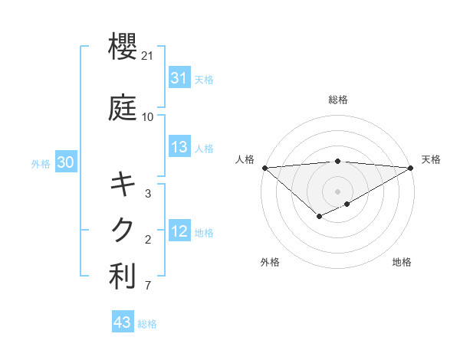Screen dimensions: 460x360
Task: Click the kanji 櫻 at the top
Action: [123, 47]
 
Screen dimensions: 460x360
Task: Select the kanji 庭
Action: [123, 108]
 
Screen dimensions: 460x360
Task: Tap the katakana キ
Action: [123, 185]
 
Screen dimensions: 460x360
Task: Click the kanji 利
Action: [123, 277]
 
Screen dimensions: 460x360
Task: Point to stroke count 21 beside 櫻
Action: [149, 56]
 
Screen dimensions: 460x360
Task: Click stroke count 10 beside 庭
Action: [148, 117]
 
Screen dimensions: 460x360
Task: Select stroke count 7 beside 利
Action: [148, 286]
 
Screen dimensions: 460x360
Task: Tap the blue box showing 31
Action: [179, 78]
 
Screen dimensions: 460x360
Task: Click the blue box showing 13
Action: [179, 148]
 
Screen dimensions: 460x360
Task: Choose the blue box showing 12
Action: [179, 232]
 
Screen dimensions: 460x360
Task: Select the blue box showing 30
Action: [65, 162]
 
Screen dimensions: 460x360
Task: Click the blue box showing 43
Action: [122, 322]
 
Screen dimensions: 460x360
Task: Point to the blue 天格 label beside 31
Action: [204, 79]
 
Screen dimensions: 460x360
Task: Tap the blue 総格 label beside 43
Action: [147, 323]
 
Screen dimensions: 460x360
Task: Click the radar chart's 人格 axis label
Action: [245, 159]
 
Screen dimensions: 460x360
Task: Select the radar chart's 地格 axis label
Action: [402, 262]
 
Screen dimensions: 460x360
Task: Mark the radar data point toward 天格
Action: [411, 168]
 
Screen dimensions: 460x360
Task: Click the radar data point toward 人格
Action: [264, 168]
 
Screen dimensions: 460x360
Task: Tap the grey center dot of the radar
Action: [337, 190]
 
